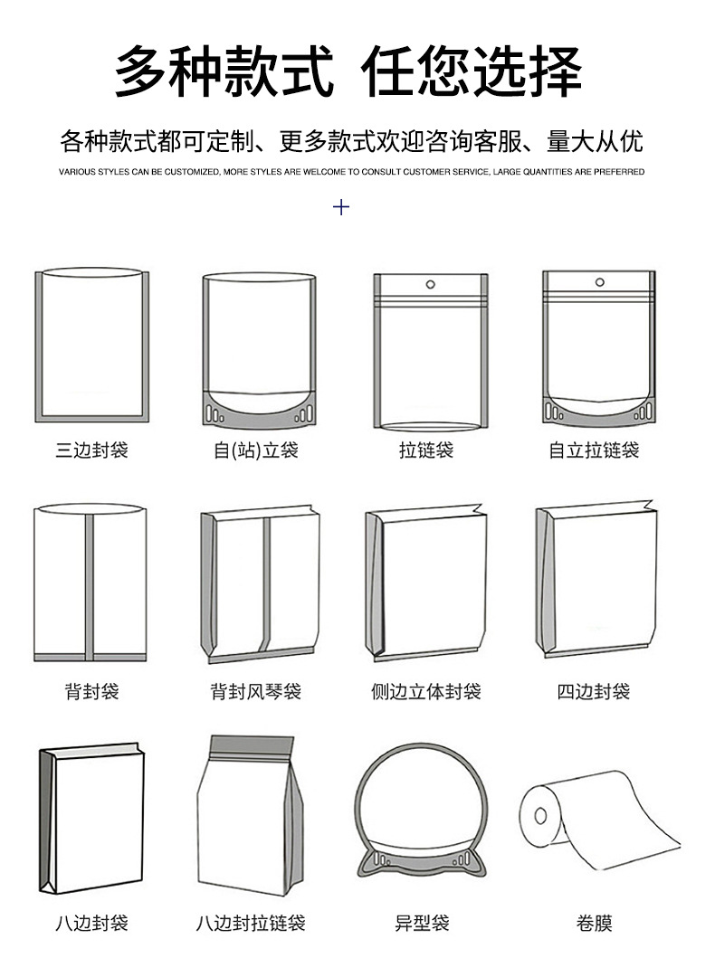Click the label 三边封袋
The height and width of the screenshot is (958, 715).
point(91,450)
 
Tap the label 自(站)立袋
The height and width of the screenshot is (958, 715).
point(256,450)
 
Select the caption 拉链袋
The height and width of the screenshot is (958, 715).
point(426,450)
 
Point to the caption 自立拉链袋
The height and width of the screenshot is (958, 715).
point(594,450)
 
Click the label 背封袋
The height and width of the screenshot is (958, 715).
point(91,692)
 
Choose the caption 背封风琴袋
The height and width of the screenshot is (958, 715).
point(256,692)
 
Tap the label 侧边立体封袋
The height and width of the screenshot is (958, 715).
point(426,692)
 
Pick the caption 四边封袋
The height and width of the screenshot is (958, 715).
point(594,692)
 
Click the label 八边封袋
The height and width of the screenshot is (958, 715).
point(91,924)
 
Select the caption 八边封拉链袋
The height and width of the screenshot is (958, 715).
point(252,924)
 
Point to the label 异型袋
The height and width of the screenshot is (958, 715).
point(422,924)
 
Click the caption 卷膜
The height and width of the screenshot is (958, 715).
point(594,924)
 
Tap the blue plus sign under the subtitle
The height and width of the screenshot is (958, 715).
point(341,207)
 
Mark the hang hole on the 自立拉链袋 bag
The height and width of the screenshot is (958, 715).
point(599,282)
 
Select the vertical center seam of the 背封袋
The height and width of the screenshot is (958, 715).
point(90,583)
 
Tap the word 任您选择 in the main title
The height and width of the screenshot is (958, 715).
point(472,71)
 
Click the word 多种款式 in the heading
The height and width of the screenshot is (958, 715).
point(224,71)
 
